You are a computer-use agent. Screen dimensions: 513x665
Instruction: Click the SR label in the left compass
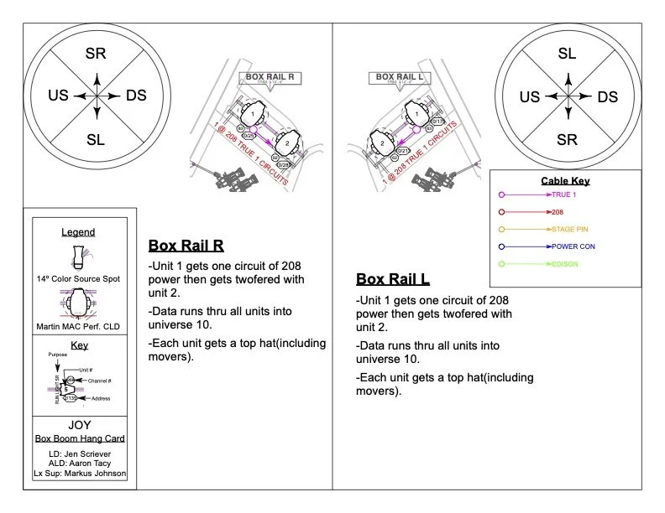click(96, 54)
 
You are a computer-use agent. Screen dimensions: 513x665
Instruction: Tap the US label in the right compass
click(529, 96)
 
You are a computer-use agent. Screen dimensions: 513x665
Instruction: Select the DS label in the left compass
click(136, 96)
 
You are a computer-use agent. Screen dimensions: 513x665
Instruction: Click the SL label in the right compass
click(567, 54)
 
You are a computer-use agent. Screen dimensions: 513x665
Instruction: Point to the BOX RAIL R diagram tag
click(270, 77)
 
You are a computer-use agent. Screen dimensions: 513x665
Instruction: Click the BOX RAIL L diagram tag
click(399, 77)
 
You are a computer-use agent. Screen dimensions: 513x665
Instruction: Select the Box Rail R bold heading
click(186, 246)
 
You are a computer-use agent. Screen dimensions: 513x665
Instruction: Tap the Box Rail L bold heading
click(393, 279)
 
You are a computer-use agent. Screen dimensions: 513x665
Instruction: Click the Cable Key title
click(566, 181)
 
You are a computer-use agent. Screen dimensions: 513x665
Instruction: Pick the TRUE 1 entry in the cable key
click(567, 194)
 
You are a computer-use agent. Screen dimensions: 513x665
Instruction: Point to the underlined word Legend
click(78, 232)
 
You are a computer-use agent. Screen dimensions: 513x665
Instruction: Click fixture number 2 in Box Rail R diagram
click(287, 144)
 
